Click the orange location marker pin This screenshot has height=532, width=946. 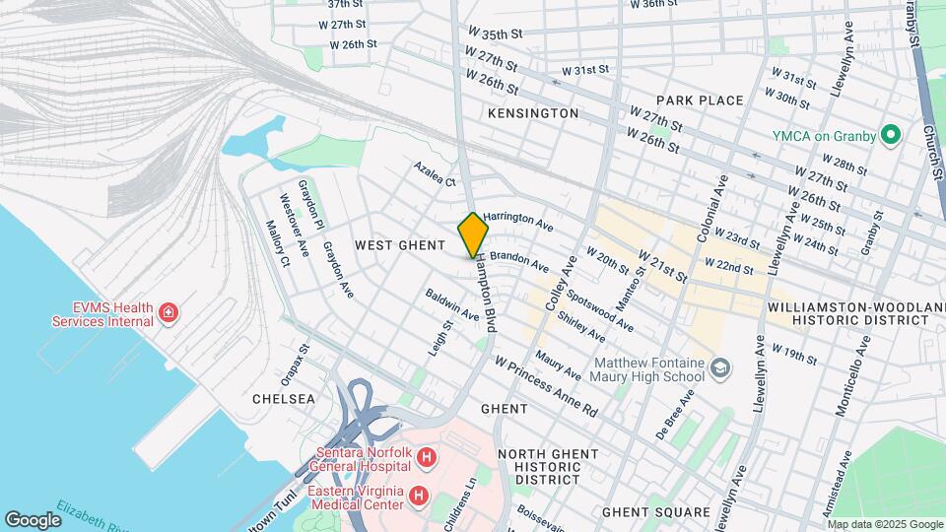(473, 235)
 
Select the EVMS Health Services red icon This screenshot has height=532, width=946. (169, 313)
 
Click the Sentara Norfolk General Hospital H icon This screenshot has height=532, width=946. (426, 457)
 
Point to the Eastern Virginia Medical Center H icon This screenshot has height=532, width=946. (419, 494)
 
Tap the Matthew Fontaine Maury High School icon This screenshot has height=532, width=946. (721, 368)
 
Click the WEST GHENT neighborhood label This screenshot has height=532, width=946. (395, 244)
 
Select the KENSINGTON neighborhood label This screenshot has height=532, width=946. (533, 113)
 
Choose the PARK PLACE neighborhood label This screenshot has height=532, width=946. (700, 100)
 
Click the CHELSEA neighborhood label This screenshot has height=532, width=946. (284, 399)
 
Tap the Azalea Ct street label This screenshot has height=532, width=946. (436, 175)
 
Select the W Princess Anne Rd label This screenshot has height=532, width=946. (546, 386)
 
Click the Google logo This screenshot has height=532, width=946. (33, 519)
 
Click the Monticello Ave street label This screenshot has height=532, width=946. (850, 375)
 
